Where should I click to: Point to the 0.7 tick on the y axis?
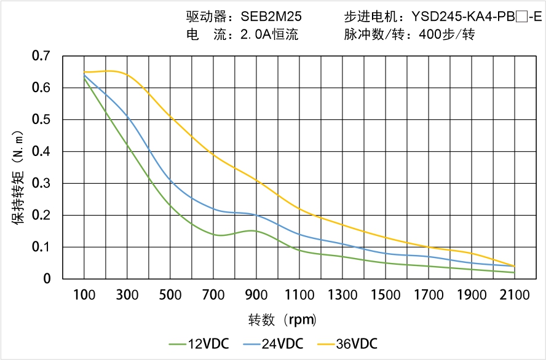click(41, 56)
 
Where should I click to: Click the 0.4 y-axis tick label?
click(41, 152)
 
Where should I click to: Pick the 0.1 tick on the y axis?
click(41, 247)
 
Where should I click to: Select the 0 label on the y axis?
click(47, 279)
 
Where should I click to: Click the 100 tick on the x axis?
click(84, 295)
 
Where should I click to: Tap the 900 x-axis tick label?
click(256, 295)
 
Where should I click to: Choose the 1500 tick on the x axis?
click(386, 295)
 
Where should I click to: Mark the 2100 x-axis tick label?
click(515, 295)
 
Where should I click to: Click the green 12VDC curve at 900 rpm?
click(256, 231)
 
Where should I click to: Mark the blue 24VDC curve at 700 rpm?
click(213, 208)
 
